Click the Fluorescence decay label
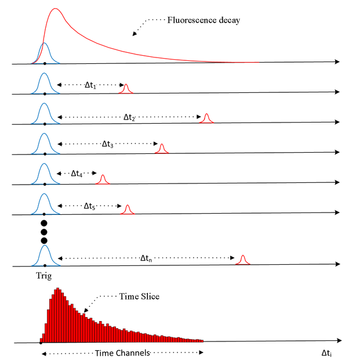coord(204,20)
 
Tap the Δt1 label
coord(91,86)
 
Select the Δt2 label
coord(129,117)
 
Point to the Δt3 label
coord(108,144)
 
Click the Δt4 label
coord(77,173)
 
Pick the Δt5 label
coord(90,206)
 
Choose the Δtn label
coord(147,258)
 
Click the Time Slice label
coord(139,296)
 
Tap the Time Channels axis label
coord(122,353)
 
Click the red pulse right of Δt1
coord(126,88)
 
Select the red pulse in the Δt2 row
coord(206,118)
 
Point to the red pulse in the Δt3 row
coord(162,149)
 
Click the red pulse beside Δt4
coord(103,179)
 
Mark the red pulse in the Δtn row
coord(242,259)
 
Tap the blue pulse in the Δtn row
coord(45,255)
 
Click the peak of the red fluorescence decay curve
coord(55,8)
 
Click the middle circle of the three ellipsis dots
coord(43,232)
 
